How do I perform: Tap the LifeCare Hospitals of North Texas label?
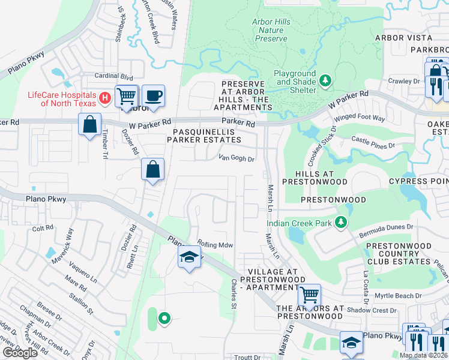tap(62, 99)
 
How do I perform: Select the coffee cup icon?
tap(153, 96)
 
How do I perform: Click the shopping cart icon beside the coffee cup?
tap(127, 96)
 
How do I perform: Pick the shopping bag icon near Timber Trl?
tap(89, 125)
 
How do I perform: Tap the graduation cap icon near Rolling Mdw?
tap(189, 258)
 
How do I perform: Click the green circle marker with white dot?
tap(163, 318)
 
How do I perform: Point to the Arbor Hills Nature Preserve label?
tap(271, 31)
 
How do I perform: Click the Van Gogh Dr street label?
tap(237, 159)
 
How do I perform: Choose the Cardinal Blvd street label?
tap(113, 77)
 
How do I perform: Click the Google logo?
tap(20, 352)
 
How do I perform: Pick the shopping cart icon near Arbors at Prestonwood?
tap(309, 295)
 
